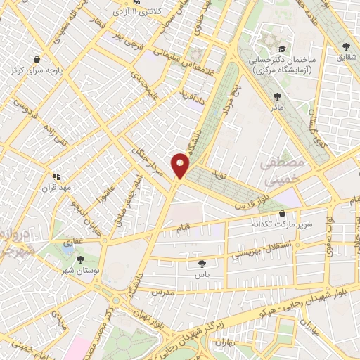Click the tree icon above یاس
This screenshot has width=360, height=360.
click(202, 263)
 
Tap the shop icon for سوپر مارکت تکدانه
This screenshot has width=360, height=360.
click(282, 213)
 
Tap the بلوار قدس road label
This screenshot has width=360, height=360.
click(252, 199)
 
